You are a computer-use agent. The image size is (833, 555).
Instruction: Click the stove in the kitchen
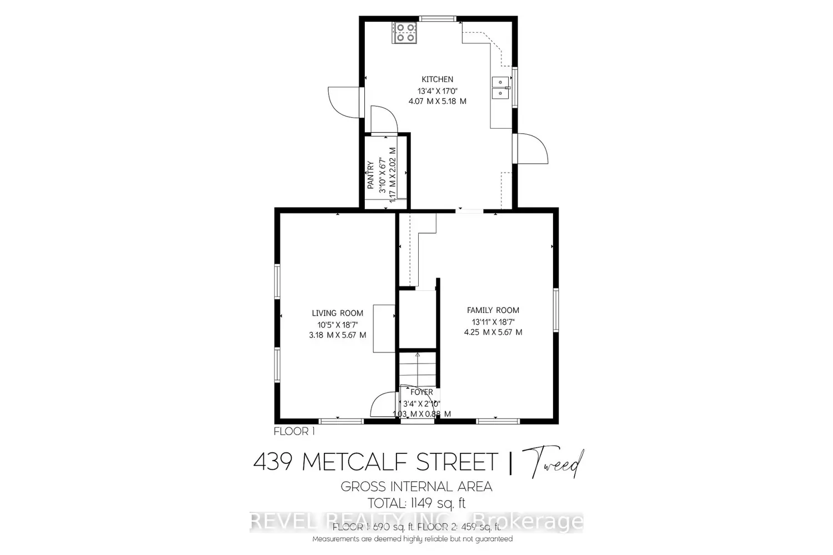(x=404, y=32)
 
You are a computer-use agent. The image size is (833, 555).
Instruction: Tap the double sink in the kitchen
(x=501, y=88)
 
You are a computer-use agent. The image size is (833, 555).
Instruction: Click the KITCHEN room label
(x=437, y=79)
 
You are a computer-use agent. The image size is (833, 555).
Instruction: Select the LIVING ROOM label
(x=337, y=313)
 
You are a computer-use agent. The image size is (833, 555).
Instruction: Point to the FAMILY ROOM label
(x=493, y=310)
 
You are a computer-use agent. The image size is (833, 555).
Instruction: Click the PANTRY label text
(x=370, y=175)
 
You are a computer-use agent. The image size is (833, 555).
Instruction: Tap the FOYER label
(x=421, y=392)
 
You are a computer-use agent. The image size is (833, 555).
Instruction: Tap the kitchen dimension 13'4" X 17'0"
(x=437, y=90)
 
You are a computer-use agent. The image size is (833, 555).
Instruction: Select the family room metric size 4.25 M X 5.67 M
(x=493, y=332)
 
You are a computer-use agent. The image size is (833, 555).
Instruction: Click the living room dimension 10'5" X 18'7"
(x=337, y=324)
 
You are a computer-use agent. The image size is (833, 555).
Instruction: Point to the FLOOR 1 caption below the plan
(x=294, y=431)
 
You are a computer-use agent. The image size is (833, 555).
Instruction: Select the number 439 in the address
(x=273, y=462)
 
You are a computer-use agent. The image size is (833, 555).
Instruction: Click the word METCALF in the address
(x=355, y=462)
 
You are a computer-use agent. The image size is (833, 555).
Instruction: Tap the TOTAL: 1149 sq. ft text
(x=416, y=503)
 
